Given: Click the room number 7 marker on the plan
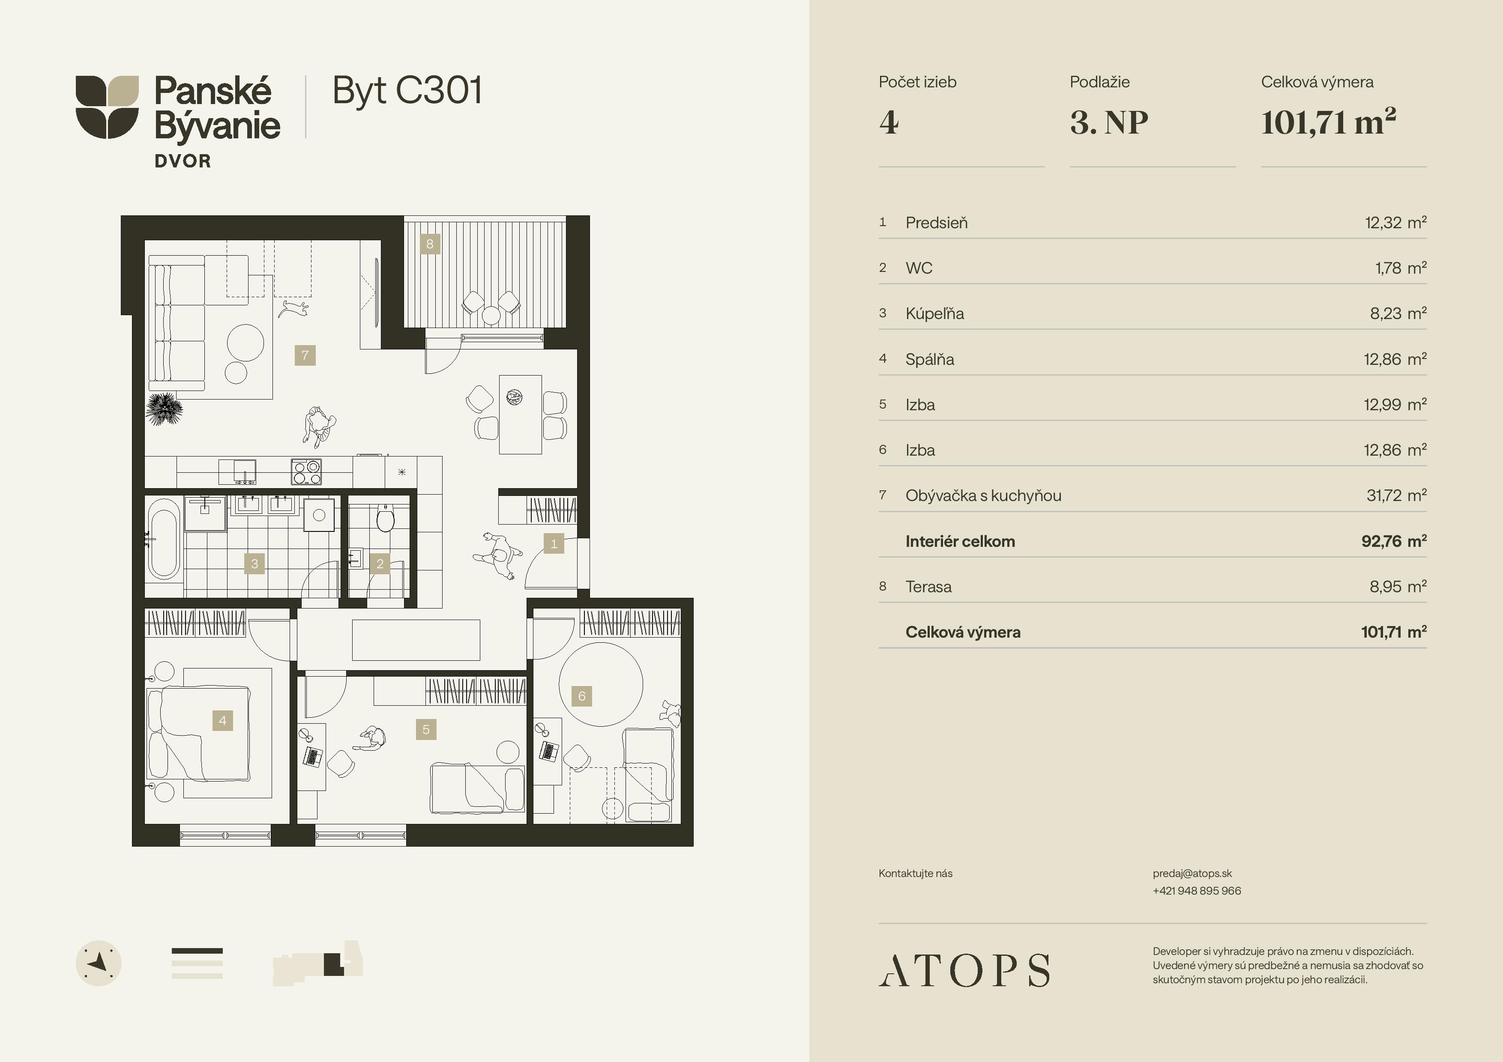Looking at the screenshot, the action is coord(305,355).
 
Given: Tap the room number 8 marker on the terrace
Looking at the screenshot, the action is coord(429,244).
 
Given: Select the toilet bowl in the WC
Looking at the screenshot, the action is coord(385,518).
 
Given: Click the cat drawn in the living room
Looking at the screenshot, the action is coord(293,308).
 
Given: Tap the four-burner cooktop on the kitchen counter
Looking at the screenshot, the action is coord(306,471).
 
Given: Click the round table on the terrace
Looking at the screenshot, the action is coord(491,316).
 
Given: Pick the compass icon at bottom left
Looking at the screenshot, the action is coord(99,963).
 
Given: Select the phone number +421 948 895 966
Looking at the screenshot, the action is coord(1197,891).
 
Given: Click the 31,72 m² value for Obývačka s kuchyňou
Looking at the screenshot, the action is coord(1396,495).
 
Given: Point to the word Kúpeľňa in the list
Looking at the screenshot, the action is coord(935,313).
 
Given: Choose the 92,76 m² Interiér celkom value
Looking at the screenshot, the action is coord(1394,541).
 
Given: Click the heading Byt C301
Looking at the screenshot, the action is coord(407,91).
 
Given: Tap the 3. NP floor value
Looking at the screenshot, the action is coord(1109,122).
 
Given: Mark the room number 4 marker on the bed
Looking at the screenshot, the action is coord(222,720).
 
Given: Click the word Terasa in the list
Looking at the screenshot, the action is coord(928,587).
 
